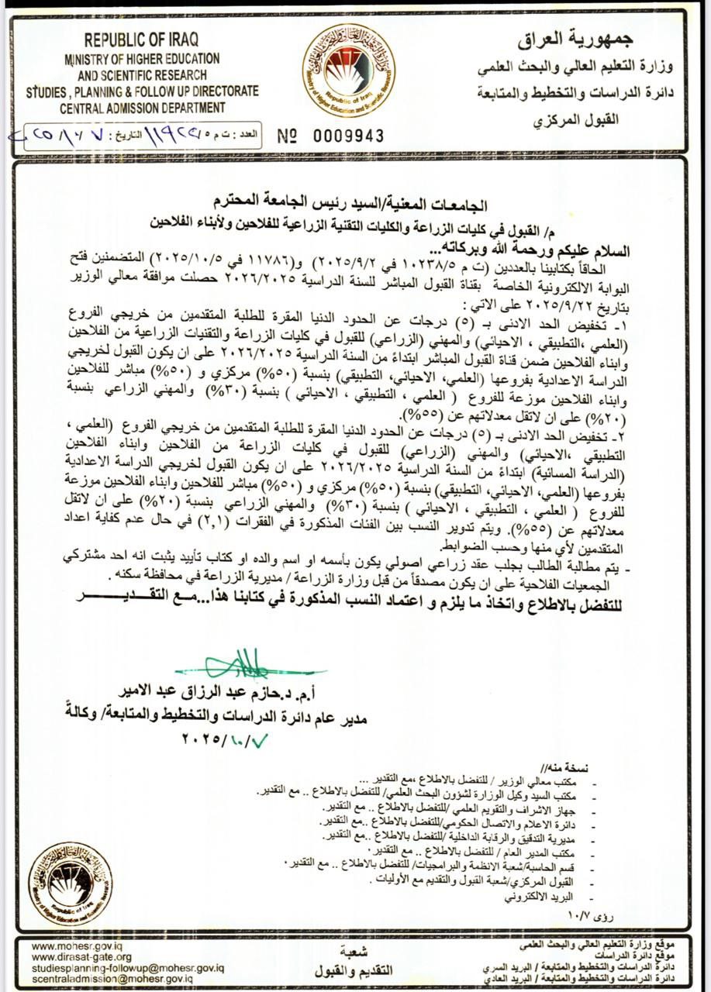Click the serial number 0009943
coord(348,136)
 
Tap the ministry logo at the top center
coord(348,70)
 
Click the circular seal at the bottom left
coord(70,884)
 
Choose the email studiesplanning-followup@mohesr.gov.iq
coord(127,968)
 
